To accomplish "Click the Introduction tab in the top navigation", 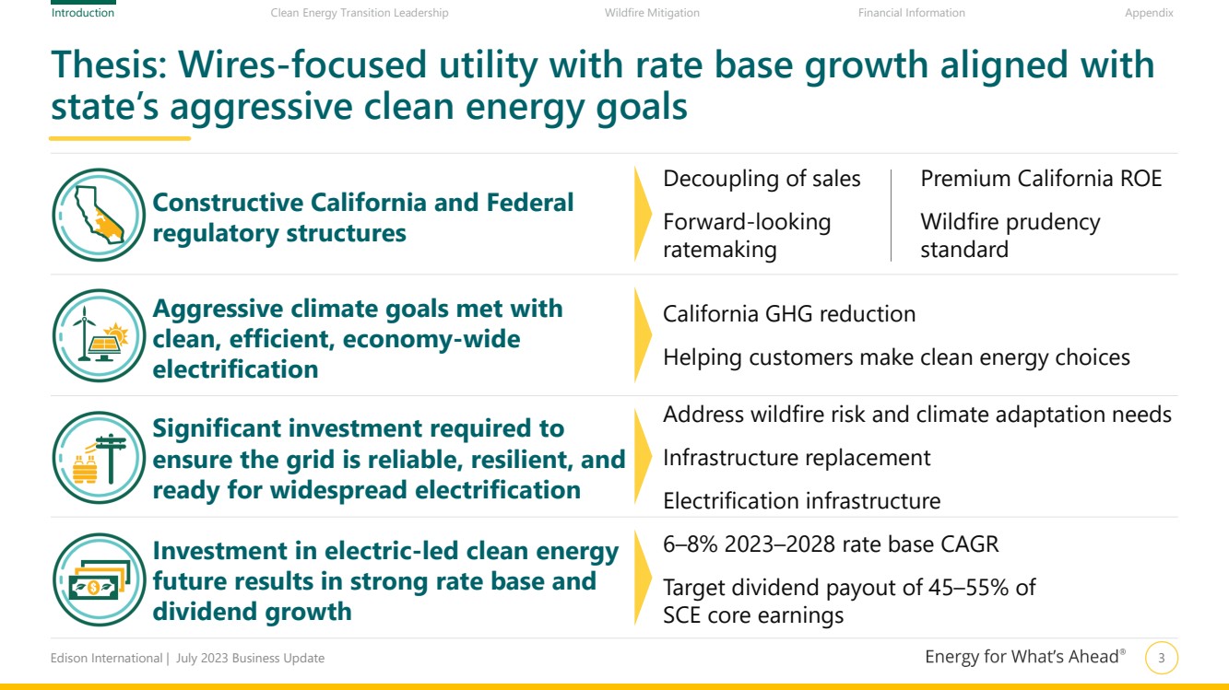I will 83,13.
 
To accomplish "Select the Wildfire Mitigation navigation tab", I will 652,13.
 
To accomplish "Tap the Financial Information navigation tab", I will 911,13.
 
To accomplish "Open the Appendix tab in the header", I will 1149,13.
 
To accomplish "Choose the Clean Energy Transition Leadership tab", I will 360,13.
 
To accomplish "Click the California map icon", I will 99,215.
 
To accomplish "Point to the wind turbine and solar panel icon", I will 99,336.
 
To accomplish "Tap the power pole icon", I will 99,458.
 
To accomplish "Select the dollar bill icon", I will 99,579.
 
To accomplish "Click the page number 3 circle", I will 1162,659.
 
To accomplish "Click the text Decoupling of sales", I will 762,179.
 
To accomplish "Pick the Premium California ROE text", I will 1041,179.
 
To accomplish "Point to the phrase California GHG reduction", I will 789,314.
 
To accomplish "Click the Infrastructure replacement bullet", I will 797,458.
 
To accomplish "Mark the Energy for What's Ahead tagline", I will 1025,657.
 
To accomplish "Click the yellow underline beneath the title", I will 120,138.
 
